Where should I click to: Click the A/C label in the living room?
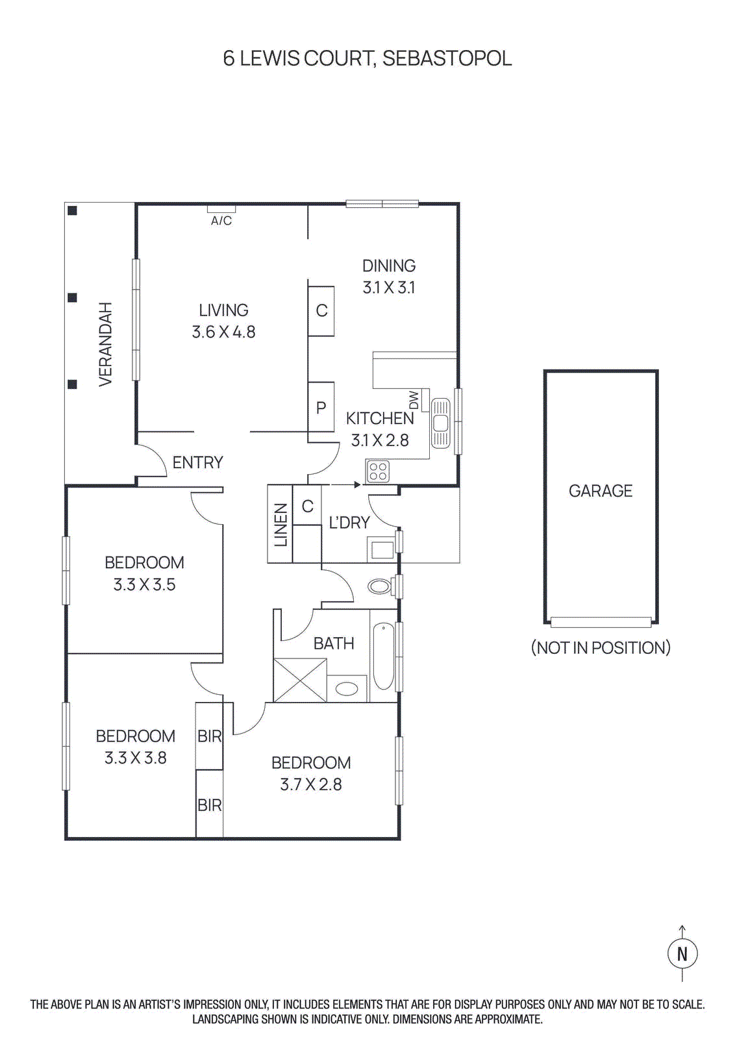point(221,221)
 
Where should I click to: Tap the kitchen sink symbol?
point(441,423)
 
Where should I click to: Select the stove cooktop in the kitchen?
point(378,471)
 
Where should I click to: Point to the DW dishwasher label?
point(414,400)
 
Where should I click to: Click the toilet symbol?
point(380,587)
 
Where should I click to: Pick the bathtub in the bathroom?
point(383,656)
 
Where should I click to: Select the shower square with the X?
point(300,680)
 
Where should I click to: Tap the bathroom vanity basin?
point(347,688)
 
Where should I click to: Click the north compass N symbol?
point(682,954)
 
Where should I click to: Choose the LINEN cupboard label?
point(280,525)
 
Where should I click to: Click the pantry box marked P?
point(321,408)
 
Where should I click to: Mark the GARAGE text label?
point(601,491)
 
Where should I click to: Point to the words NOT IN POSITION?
point(601,647)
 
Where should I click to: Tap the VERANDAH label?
point(106,344)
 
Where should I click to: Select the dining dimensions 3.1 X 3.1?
point(389,288)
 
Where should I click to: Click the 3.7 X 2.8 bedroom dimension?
point(311,784)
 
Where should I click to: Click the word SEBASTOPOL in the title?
point(447,58)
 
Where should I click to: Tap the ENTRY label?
point(198,462)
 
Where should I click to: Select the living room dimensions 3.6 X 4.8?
point(223,332)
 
